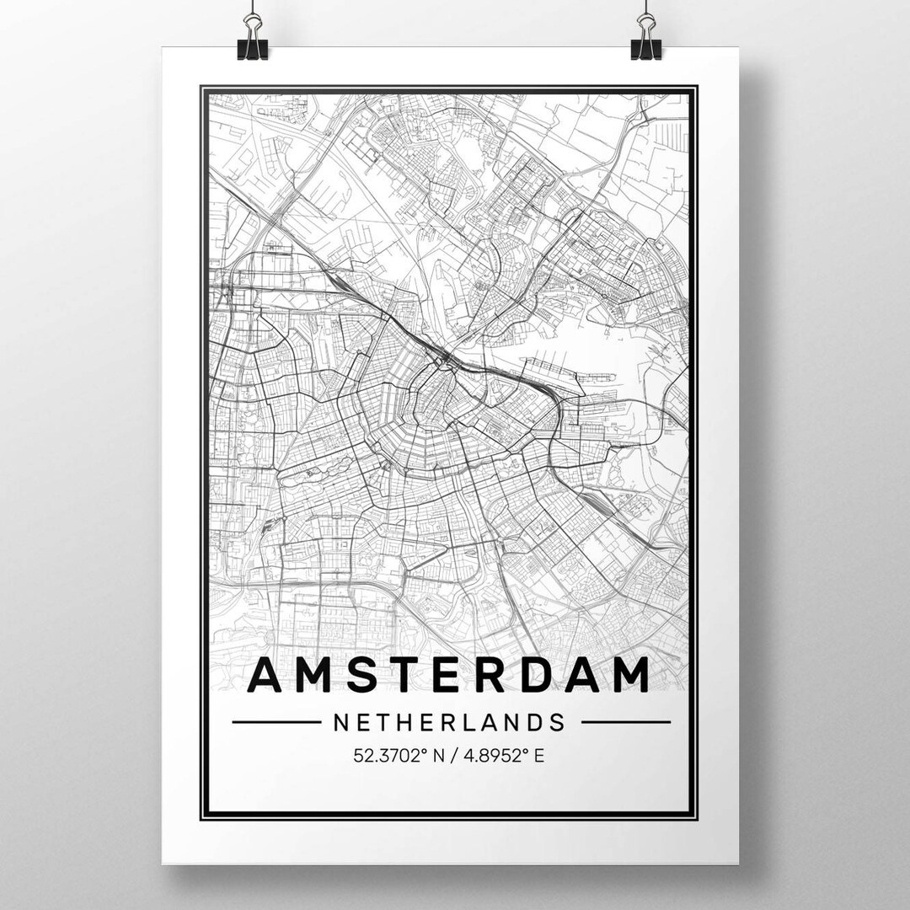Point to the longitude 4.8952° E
[504, 755]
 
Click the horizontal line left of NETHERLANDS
[276, 722]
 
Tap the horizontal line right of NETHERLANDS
[625, 722]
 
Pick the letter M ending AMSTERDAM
[630, 676]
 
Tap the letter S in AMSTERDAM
[360, 676]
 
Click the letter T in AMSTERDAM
[403, 676]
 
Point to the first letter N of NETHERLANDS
[341, 722]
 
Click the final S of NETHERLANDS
[557, 722]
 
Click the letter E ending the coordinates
[539, 755]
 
